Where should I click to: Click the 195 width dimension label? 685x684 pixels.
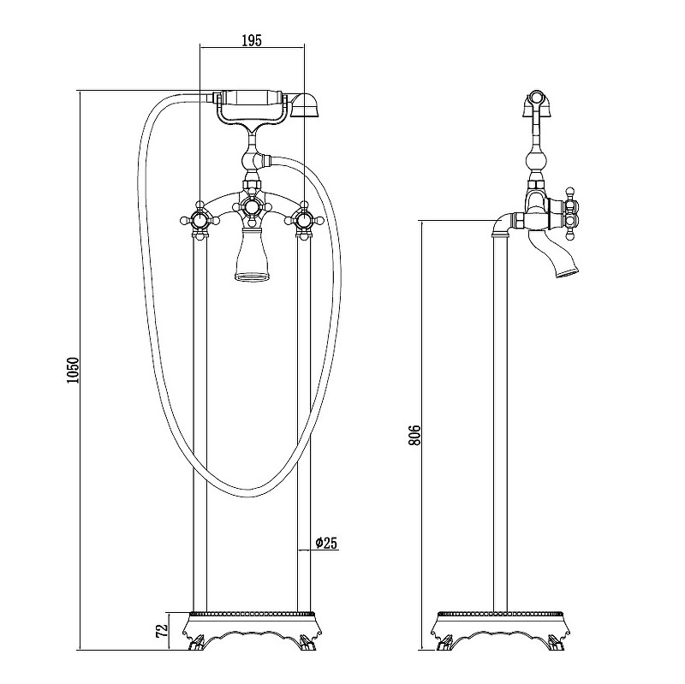click(252, 40)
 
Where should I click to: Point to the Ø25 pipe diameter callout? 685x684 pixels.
click(326, 543)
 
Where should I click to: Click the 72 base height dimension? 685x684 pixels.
click(162, 630)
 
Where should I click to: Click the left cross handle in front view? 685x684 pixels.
click(200, 220)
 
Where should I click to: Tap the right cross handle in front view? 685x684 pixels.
click(304, 220)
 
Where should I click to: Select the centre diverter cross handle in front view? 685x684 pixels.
click(251, 207)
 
